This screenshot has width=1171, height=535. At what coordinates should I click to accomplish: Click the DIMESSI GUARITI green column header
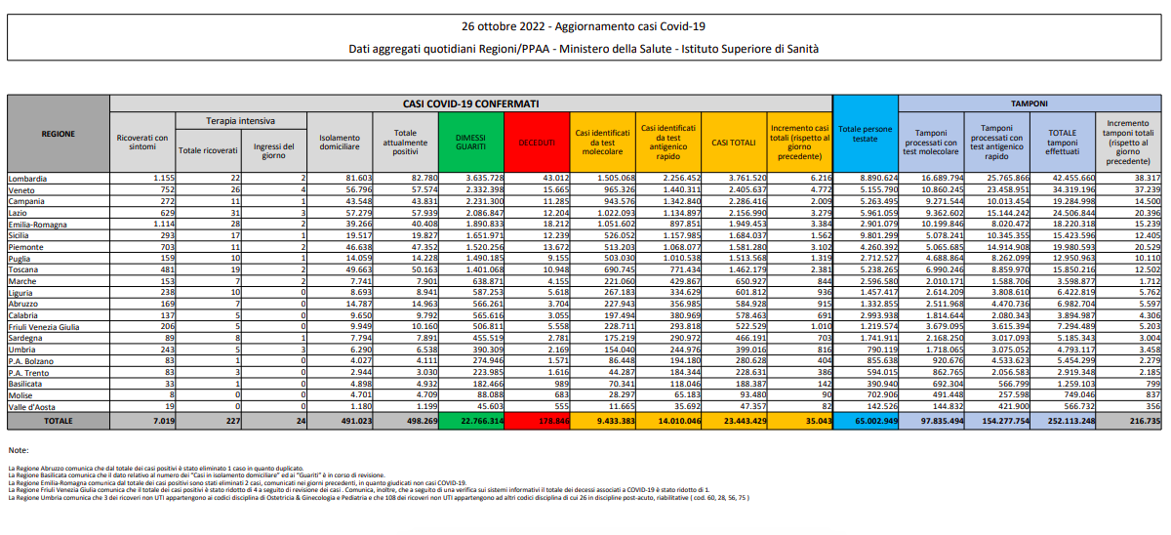pyautogui.click(x=471, y=143)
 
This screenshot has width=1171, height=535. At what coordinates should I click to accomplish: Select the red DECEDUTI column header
pyautogui.click(x=536, y=143)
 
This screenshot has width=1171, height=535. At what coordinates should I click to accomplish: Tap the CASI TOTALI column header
pyautogui.click(x=733, y=143)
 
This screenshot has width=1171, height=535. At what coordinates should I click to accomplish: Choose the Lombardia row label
pyautogui.click(x=27, y=179)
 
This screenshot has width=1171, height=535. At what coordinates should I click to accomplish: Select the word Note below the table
pyautogui.click(x=18, y=450)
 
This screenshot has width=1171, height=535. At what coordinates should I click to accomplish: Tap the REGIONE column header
pyautogui.click(x=57, y=133)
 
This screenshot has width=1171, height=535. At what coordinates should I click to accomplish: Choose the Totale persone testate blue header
pyautogui.click(x=865, y=133)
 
